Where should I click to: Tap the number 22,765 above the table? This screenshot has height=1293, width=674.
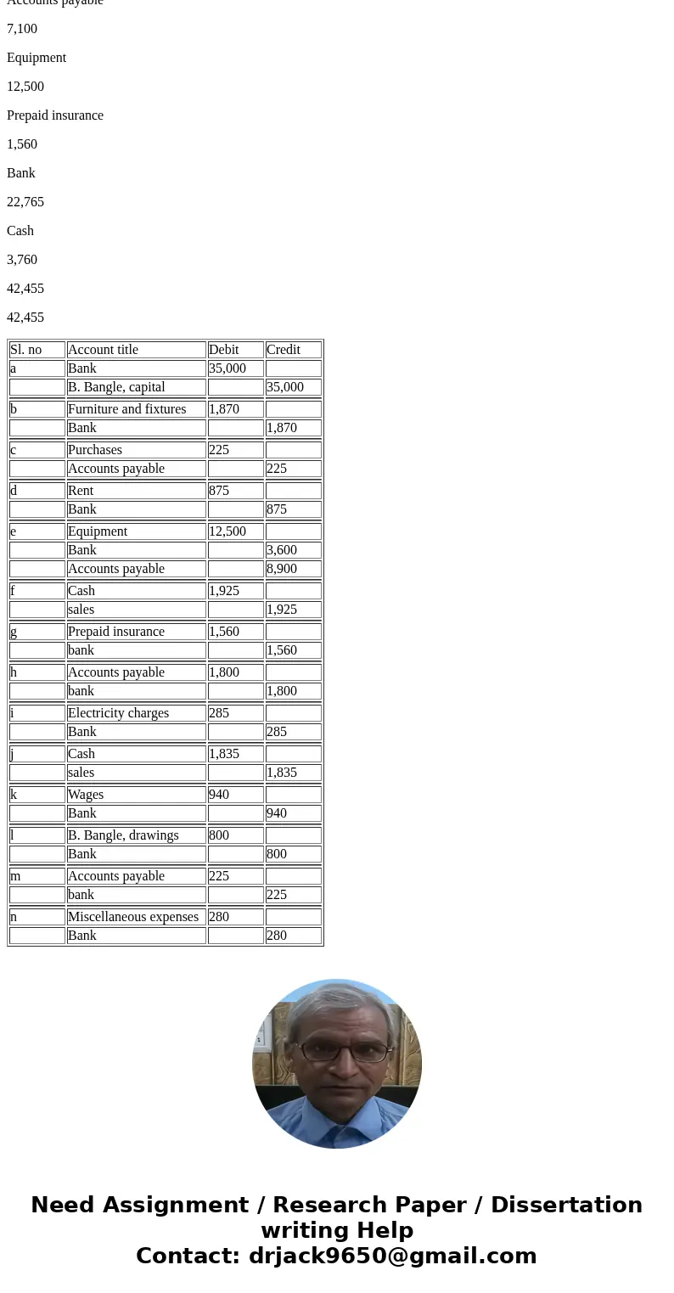coord(25,202)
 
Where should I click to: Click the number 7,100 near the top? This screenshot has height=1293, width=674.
coord(22,29)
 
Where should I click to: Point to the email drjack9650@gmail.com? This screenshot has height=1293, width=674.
coord(392,1256)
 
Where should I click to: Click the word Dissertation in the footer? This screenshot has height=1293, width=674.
coord(566,1206)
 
